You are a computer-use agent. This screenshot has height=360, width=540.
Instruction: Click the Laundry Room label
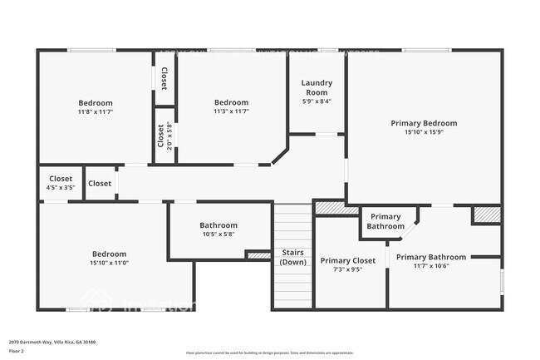point(316,86)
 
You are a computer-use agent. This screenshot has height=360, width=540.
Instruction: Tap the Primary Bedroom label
point(424,123)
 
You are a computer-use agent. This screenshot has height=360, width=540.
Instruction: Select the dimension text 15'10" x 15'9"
point(424,132)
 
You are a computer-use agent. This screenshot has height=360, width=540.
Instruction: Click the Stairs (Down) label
point(292,257)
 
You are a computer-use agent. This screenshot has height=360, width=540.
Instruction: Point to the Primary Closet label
point(348,260)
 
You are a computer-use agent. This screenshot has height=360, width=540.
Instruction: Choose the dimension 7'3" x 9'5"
point(348,269)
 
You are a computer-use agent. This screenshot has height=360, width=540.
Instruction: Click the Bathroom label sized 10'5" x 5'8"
point(218,225)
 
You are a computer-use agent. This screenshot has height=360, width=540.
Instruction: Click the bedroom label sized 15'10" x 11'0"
point(109,254)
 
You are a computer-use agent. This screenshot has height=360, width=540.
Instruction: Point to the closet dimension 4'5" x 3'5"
point(61,188)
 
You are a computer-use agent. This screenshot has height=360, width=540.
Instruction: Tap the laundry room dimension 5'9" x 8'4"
point(316,101)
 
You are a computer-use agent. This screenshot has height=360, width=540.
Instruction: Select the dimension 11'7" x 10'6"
point(430,266)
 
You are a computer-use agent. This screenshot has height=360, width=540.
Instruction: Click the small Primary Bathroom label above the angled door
point(385,221)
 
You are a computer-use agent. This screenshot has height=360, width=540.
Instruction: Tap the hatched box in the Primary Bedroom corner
point(486,215)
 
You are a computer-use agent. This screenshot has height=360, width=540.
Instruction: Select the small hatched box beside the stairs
point(259,255)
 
